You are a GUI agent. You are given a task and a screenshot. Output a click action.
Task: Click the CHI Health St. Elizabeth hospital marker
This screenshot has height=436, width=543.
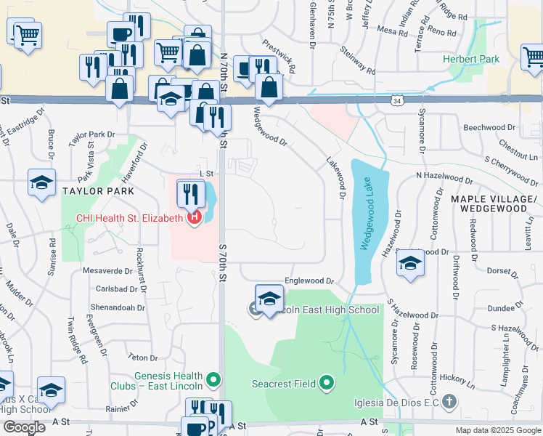194,217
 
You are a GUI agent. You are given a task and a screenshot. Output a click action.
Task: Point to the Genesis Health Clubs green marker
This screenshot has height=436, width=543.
213,379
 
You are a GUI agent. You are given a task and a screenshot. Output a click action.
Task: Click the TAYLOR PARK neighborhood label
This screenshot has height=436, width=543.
98,191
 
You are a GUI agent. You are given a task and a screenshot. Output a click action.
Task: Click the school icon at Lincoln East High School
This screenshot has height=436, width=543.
269,299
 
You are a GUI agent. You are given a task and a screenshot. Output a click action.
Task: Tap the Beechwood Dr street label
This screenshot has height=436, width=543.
489,127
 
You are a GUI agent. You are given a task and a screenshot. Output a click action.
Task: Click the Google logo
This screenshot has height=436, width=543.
24,427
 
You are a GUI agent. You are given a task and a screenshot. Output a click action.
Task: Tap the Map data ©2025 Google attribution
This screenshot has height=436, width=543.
498,430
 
